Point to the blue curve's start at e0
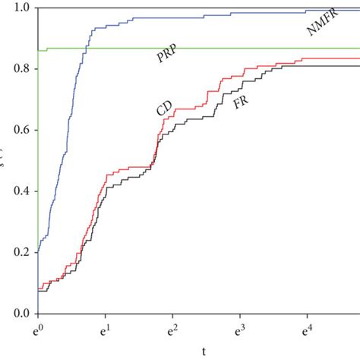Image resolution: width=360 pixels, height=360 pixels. (37, 253)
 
